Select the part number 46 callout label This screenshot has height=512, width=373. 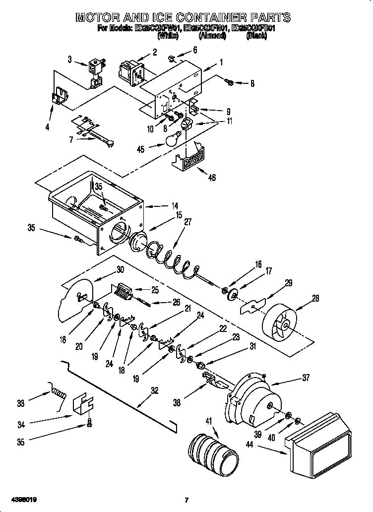[x=212, y=178]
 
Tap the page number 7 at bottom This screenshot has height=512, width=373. [x=186, y=499]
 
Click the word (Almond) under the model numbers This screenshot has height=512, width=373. [x=213, y=36]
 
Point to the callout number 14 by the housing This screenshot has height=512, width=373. [x=175, y=206]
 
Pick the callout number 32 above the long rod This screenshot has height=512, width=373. [x=154, y=390]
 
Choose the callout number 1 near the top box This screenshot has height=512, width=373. [x=221, y=62]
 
